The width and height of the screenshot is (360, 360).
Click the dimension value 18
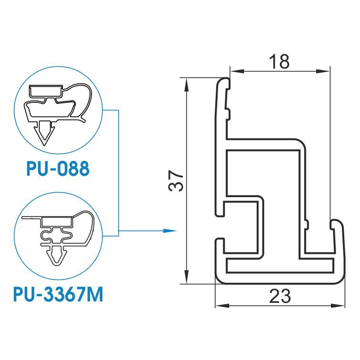(x=279, y=61)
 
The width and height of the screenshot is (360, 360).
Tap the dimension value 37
(x=176, y=180)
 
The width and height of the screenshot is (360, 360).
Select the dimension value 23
(x=280, y=296)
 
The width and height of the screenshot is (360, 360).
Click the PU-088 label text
(x=58, y=169)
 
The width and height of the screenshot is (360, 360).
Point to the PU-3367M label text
(x=58, y=294)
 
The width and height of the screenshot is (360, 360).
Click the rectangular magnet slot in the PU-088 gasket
(x=45, y=90)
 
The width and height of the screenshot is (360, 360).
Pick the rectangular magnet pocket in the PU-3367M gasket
(x=57, y=222)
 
